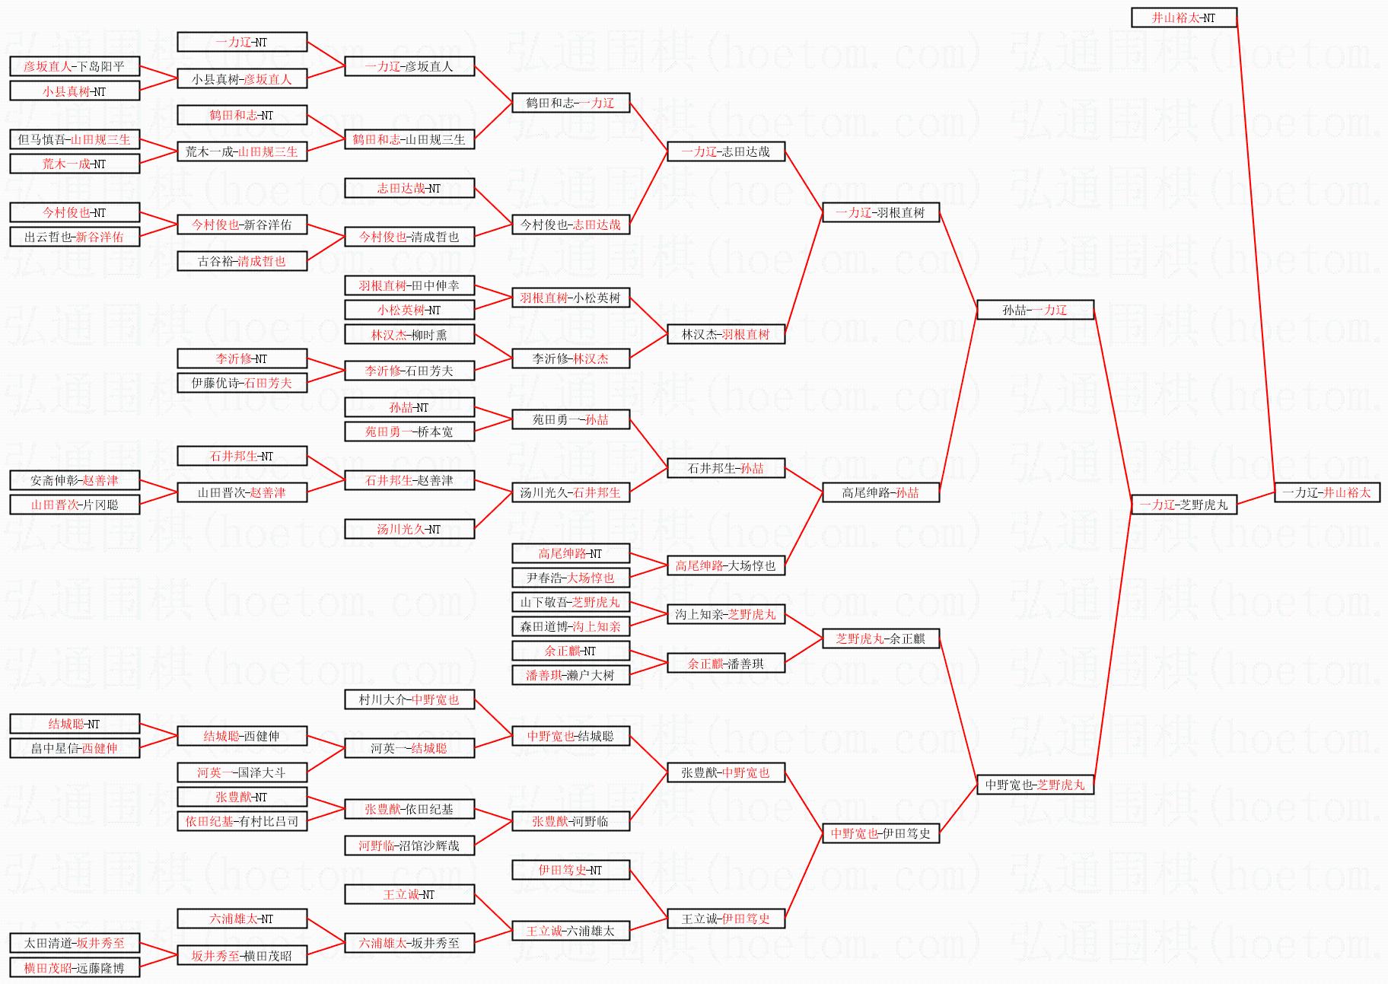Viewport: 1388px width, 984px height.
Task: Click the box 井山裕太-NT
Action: click(1183, 18)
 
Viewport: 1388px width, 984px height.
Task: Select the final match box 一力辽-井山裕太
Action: click(1326, 492)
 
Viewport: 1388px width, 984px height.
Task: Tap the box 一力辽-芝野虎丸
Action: click(1183, 505)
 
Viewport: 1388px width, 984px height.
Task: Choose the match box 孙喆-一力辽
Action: click(1035, 310)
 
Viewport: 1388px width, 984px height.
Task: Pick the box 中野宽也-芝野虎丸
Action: click(1035, 785)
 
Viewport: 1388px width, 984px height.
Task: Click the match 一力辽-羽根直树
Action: click(880, 212)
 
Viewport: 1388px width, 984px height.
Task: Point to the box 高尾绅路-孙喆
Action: click(880, 492)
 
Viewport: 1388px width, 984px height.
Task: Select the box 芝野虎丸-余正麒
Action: click(880, 638)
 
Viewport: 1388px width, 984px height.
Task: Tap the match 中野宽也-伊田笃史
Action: click(880, 833)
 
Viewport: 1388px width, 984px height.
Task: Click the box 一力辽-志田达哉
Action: click(725, 151)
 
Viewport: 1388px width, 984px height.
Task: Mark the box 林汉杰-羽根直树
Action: click(725, 334)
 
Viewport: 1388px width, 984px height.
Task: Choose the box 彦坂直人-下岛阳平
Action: click(75, 66)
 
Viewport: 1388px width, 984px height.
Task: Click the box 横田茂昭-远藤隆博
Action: click(75, 968)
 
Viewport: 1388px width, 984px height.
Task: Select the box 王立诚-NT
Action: click(409, 894)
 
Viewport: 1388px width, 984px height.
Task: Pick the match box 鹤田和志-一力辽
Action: click(571, 103)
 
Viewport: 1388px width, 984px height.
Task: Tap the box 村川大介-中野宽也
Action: click(409, 699)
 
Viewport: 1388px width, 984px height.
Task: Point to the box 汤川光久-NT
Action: click(409, 529)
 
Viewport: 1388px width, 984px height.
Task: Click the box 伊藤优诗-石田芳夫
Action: click(242, 383)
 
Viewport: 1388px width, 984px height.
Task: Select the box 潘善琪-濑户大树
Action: click(571, 675)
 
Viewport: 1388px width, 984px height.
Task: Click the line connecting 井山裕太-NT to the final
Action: click(1256, 255)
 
